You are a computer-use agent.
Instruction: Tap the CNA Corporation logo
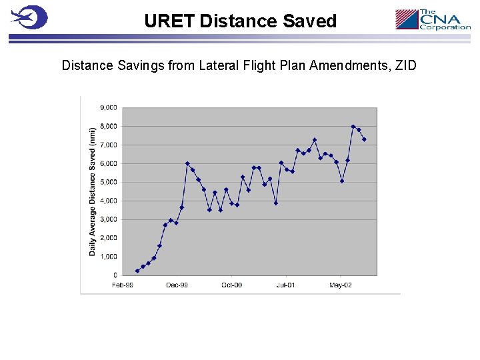pos(433,19)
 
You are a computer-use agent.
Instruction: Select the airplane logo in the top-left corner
pos(29,17)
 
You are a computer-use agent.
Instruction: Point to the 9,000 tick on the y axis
pos(109,107)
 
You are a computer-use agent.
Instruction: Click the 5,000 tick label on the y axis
pos(109,182)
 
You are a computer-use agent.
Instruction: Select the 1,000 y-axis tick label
pos(109,257)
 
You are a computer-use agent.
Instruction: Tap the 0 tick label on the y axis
pos(115,275)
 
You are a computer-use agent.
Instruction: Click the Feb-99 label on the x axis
pos(123,285)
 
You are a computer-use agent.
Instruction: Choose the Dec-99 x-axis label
pos(177,285)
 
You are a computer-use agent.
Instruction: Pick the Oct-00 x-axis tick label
pos(231,285)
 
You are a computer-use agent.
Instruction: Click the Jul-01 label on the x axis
pos(285,285)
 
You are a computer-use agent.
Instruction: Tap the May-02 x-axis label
pos(340,285)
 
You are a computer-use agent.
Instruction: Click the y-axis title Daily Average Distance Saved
pos(93,191)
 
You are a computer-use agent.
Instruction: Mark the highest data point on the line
pos(353,126)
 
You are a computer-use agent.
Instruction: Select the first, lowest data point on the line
pos(137,271)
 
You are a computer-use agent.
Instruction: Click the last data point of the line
pos(364,139)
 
